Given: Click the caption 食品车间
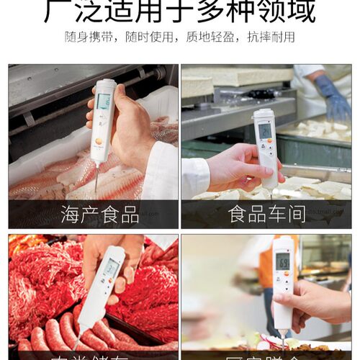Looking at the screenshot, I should (x=266, y=214).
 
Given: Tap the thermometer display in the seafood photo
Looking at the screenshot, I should (x=104, y=102).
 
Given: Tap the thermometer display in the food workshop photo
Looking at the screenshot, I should (x=265, y=130).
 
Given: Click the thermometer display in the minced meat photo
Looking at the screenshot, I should (x=112, y=269).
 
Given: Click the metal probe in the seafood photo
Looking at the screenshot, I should (x=96, y=176).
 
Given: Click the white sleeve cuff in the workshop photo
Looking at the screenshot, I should (x=194, y=176).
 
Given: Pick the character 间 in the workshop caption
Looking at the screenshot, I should (x=296, y=214).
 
